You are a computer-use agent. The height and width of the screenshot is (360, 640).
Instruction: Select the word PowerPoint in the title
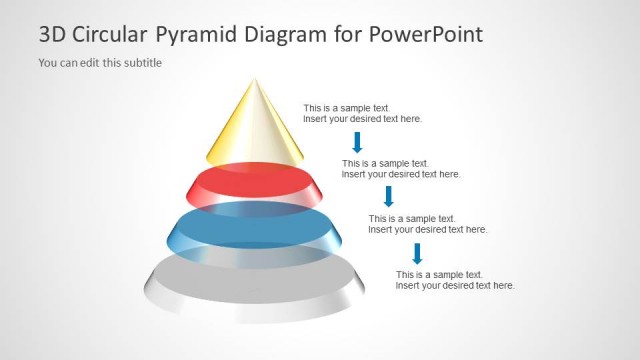click(x=427, y=35)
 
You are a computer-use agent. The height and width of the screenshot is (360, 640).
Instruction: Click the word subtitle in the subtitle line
click(x=141, y=63)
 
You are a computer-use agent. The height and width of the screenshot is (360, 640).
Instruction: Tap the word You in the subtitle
click(x=48, y=63)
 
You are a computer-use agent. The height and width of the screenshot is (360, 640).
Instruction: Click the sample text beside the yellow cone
click(x=363, y=113)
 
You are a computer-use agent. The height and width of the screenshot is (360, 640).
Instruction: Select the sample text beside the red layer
click(x=401, y=169)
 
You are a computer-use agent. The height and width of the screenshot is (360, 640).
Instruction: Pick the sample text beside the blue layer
click(x=428, y=224)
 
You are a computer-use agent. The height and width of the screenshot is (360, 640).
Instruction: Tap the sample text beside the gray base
click(x=455, y=280)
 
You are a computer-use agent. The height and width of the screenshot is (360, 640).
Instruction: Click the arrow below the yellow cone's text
click(x=357, y=141)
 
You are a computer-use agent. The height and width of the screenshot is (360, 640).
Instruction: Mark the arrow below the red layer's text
click(x=389, y=196)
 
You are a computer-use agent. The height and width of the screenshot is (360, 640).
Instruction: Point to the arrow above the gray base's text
click(x=418, y=253)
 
